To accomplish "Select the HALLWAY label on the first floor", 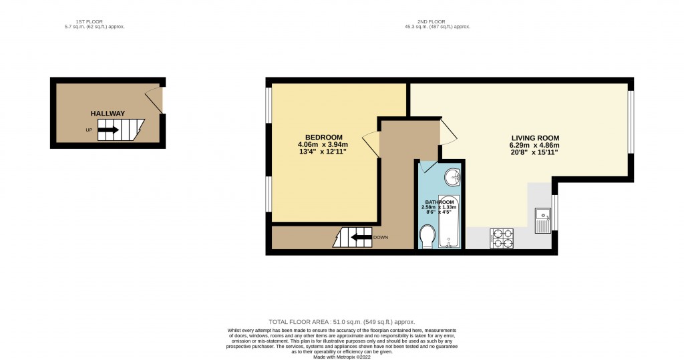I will coord(108,114).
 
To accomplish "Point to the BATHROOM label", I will coord(439,202).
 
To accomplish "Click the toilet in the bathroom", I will coord(427,236).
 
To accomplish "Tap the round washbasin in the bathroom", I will coord(452,178).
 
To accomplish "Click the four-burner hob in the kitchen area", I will coord(502,238).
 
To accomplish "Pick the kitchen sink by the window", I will coord(542,219).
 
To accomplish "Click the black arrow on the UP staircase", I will coord(109,130).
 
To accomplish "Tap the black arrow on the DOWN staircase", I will coord(361,237).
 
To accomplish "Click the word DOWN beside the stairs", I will coord(381,237).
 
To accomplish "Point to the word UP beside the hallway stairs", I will coord(89,130).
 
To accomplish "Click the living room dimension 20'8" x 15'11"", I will coord(534,152).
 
